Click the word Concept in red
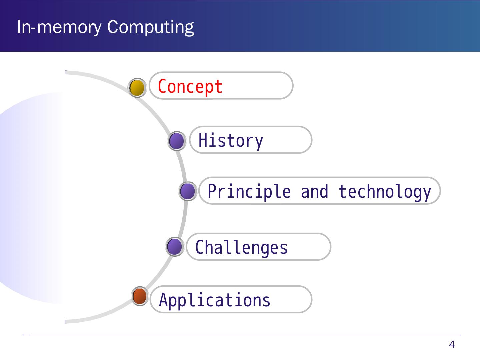pos(190,87)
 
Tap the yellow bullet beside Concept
pos(137,88)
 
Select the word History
pos(231,140)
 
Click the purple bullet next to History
pos(176,141)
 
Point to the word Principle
pos(249,192)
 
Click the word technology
pos(385,192)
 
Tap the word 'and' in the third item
pos(314,192)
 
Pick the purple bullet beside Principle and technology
pos(187,192)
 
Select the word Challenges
pos(241,248)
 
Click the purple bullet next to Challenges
pos(175,247)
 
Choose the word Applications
pos(215,300)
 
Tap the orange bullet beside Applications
pos(140,296)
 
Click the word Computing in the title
pos(150,27)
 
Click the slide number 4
pos(452,345)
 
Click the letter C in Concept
pos(162,87)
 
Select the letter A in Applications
pos(163,300)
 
